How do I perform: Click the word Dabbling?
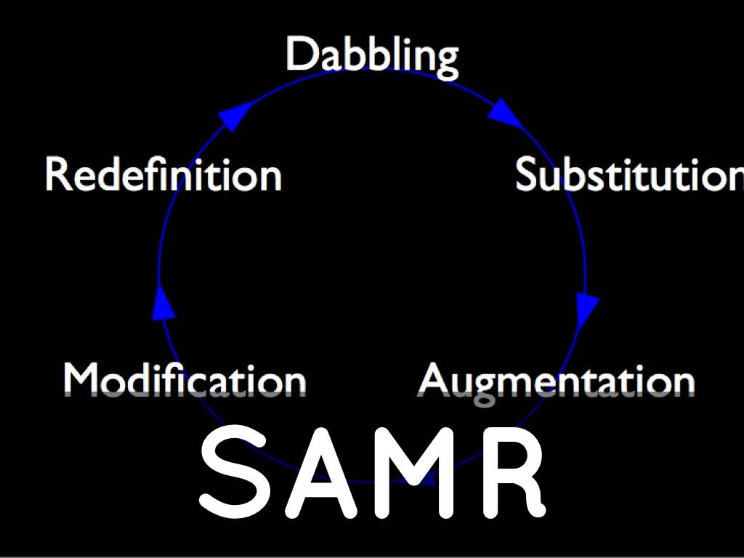point(371,55)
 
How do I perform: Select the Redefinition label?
point(163,175)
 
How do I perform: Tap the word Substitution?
point(629,175)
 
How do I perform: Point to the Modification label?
point(185,380)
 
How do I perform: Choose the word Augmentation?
point(557,380)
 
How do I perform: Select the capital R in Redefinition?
point(57,175)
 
